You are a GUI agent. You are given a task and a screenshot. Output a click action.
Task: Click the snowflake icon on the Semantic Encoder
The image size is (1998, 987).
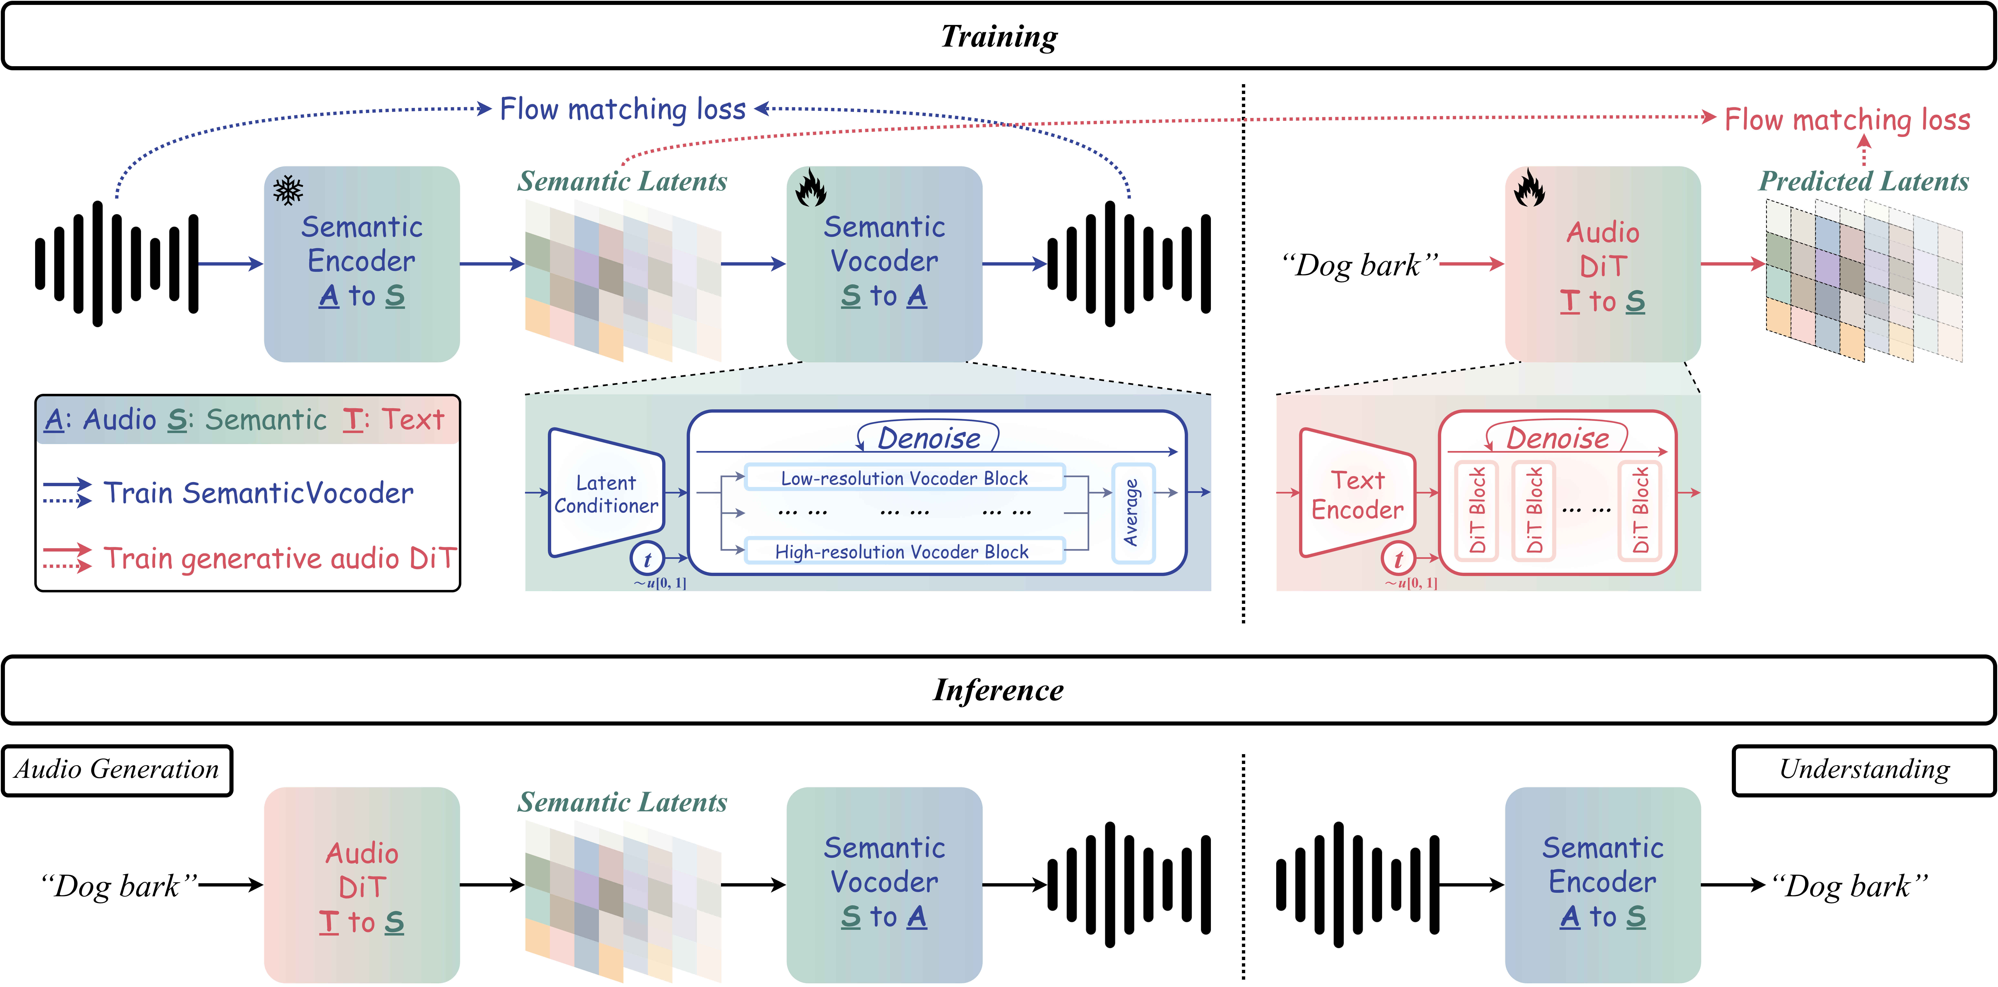pos(288,190)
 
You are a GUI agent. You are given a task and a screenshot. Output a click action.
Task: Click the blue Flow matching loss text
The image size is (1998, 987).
pos(622,109)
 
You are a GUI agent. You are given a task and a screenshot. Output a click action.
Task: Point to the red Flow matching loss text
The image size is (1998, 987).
pos(1847,120)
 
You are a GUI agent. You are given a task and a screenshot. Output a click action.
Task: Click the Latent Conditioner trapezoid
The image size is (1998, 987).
pos(606,493)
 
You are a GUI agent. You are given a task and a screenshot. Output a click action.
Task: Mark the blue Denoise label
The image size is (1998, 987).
pos(928,438)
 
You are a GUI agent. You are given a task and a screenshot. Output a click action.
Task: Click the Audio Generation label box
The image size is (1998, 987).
pos(117,770)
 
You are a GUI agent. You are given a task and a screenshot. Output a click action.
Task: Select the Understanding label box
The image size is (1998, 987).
pos(1863,770)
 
